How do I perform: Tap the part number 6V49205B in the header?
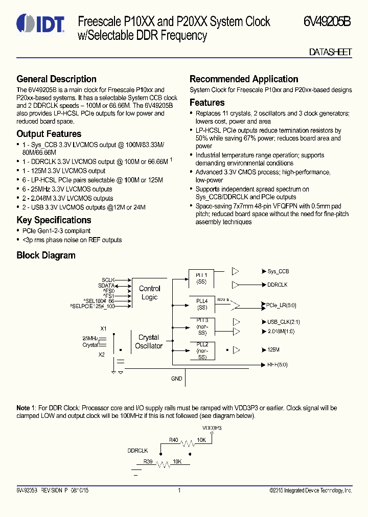tap(327, 21)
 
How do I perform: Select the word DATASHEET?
tap(330, 53)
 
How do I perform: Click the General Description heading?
tap(56, 79)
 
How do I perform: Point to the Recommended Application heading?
tap(244, 79)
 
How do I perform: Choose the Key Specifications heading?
tap(54, 220)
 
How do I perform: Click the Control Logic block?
tap(149, 293)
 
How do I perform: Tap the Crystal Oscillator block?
tap(148, 342)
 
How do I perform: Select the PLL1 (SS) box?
tap(202, 278)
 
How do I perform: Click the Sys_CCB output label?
tap(278, 271)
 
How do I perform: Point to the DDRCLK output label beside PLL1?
tap(277, 285)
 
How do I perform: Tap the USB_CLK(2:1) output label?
tap(281, 322)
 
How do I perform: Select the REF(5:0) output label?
tap(277, 365)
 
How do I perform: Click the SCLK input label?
tap(108, 280)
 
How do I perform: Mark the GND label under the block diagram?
tap(176, 379)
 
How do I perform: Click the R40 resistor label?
tap(174, 439)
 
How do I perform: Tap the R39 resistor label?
tap(147, 461)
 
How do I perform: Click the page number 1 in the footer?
tap(179, 490)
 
